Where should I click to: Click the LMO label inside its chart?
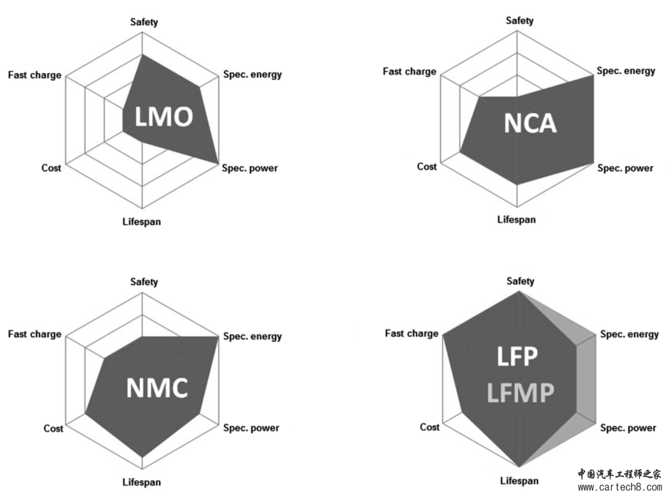(x=164, y=117)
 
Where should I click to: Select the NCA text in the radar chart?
(x=531, y=123)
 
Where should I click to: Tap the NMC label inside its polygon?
(x=157, y=388)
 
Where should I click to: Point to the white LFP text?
(x=518, y=357)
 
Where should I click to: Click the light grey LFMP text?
(x=521, y=393)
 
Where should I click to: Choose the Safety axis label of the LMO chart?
(x=144, y=22)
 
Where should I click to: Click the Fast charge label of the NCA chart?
(x=409, y=72)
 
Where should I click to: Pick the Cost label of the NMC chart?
(x=53, y=428)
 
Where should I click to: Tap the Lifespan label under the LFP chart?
(x=520, y=481)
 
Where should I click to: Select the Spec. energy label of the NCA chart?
(x=626, y=71)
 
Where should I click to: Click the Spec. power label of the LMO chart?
(x=250, y=168)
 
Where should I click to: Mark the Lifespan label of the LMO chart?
(x=142, y=222)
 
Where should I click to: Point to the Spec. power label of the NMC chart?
(x=251, y=428)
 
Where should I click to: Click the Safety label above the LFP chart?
(x=520, y=282)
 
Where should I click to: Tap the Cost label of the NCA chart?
(x=427, y=166)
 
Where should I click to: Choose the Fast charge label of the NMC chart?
(x=35, y=334)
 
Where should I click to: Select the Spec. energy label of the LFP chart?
(x=630, y=335)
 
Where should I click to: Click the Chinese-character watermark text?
(x=620, y=474)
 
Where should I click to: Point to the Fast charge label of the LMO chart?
(x=35, y=76)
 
